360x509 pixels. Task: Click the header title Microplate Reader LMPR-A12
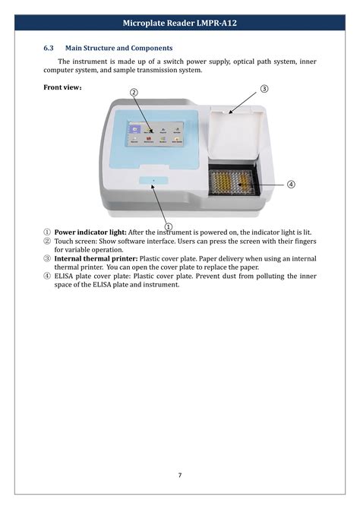tap(180, 23)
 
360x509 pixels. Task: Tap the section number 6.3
tap(49, 48)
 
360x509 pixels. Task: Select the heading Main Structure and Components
tap(118, 48)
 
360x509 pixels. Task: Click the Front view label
tap(62, 87)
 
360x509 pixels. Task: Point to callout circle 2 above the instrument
tap(134, 92)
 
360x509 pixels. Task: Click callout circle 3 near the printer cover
tap(264, 88)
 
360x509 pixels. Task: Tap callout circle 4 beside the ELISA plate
tap(291, 185)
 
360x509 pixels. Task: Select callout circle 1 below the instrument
tap(168, 226)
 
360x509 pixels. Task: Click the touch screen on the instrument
tap(156, 134)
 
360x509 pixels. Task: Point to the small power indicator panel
tap(153, 181)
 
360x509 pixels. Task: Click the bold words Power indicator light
tap(90, 232)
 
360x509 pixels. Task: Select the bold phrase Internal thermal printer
tap(96, 259)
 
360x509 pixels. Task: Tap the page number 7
tap(180, 476)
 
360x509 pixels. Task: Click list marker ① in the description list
tap(47, 232)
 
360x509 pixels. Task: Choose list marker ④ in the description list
tap(47, 277)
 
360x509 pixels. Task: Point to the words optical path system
tap(263, 62)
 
